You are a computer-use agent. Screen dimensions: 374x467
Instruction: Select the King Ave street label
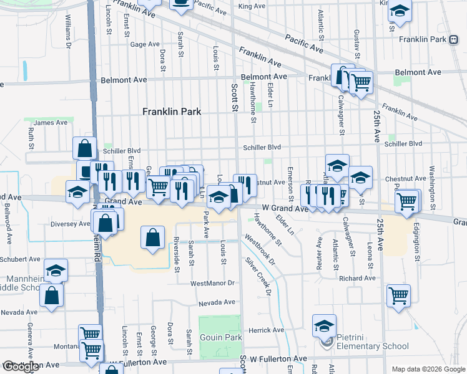252,6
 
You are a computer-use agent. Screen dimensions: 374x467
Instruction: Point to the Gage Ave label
145,44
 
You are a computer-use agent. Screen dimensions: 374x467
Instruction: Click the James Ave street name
51,123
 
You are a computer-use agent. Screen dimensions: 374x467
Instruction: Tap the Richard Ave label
357,279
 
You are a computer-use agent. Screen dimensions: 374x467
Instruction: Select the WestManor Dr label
212,283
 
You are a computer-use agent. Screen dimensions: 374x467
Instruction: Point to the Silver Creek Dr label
260,276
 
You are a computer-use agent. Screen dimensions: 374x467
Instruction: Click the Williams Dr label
67,32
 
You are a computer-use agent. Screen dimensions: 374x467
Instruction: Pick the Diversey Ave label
70,224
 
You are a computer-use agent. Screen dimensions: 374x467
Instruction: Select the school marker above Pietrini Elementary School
325,325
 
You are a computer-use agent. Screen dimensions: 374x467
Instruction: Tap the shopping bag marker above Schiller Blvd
85,148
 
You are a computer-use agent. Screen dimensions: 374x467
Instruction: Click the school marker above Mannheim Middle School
56,270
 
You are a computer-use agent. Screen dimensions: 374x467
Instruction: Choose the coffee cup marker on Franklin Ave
181,5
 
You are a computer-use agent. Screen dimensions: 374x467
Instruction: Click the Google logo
21,367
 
